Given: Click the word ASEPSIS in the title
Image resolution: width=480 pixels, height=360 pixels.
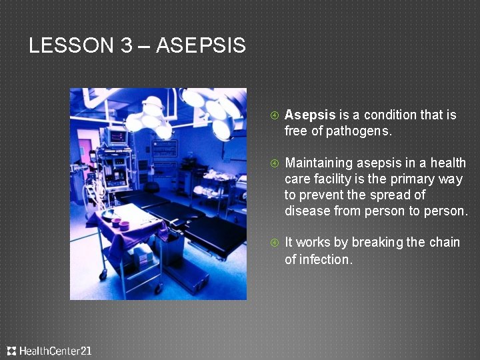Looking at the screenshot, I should click(201, 46).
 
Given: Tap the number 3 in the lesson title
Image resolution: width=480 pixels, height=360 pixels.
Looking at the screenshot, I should click(127, 46).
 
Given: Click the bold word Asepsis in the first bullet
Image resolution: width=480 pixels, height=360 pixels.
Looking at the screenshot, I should click(310, 115).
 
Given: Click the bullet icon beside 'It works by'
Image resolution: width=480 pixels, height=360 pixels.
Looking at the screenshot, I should click(274, 243).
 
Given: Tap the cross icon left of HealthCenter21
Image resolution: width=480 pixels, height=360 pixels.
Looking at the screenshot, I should click(11, 351).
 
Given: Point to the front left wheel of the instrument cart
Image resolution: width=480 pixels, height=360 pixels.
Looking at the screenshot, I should click(103, 275).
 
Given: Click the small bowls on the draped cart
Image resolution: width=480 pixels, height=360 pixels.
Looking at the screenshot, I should click(120, 222).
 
